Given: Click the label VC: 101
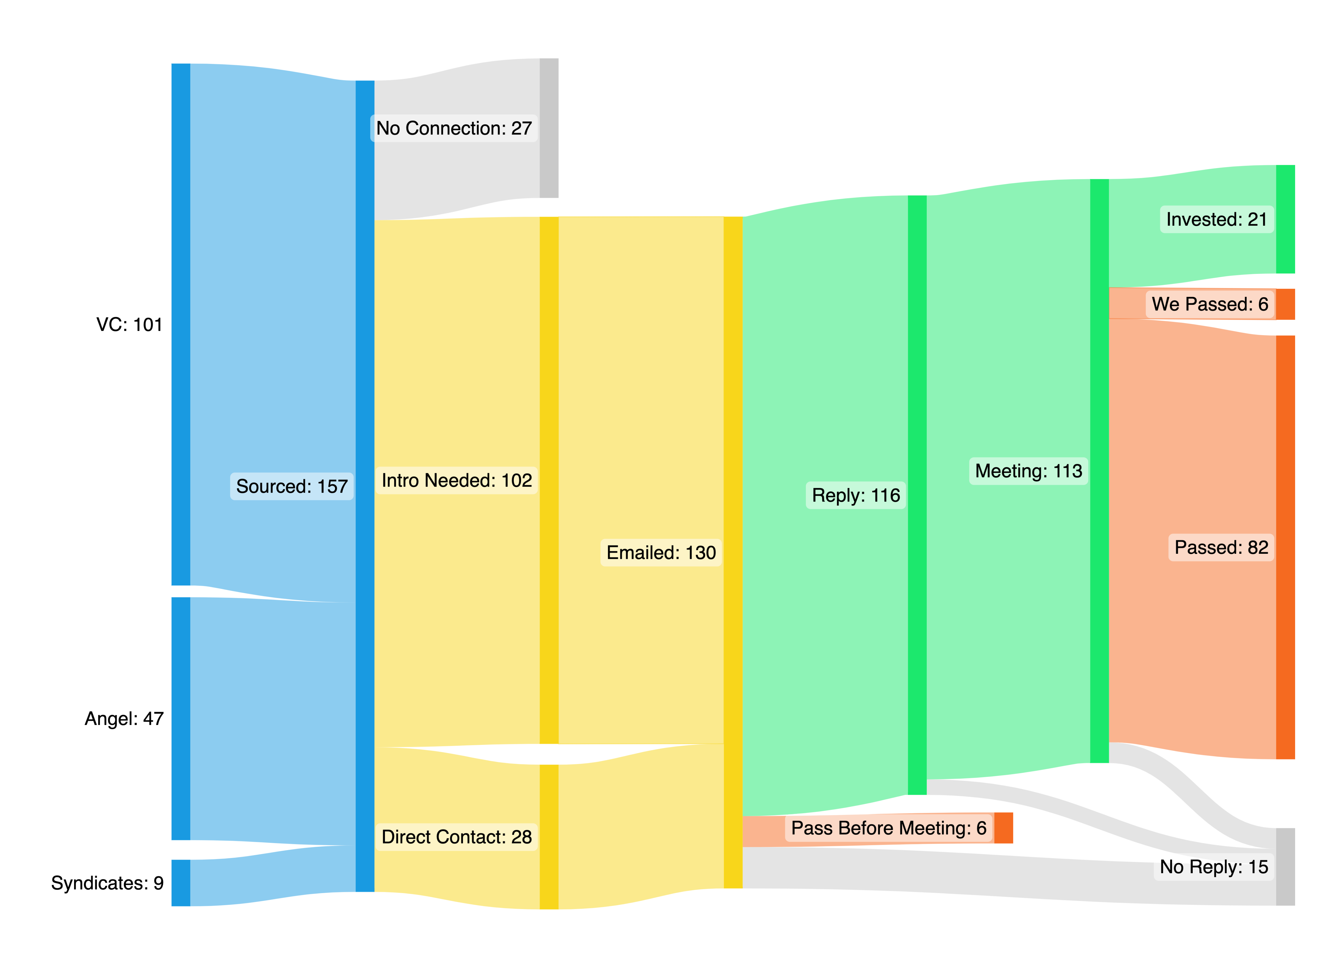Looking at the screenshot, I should click(129, 324).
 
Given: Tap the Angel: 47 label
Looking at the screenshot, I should click(124, 718).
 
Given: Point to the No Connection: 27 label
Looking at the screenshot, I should click(454, 128).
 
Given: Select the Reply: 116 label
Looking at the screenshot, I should click(855, 495).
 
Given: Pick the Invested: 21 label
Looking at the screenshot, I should click(1217, 219).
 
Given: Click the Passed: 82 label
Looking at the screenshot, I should click(1221, 547).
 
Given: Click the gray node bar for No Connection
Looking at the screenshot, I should click(549, 128).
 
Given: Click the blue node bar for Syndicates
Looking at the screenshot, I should click(181, 883).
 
